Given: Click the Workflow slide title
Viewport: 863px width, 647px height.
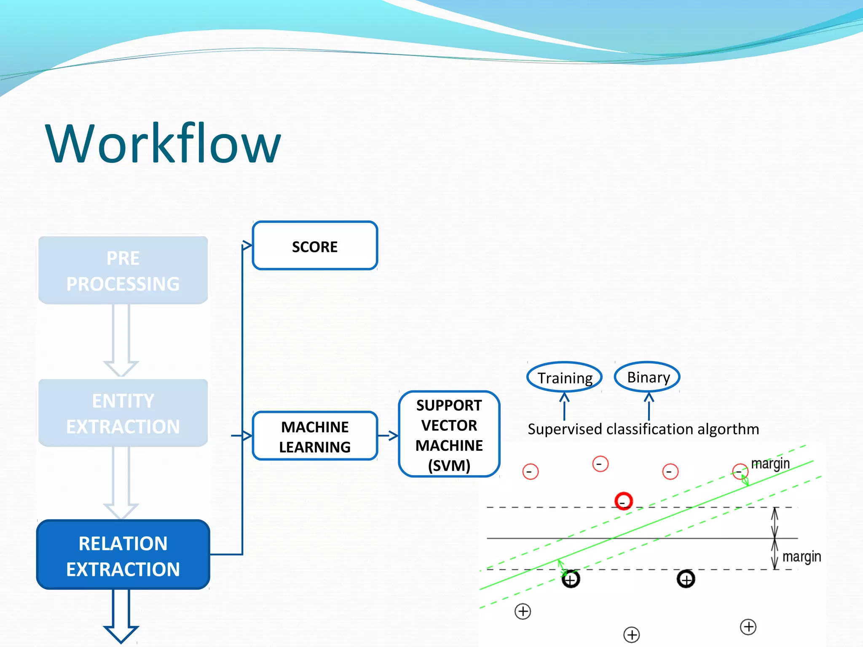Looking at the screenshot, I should tap(163, 143).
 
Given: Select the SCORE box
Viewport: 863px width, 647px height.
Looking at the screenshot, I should tap(315, 246).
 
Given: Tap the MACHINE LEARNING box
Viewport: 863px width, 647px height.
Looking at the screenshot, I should tap(315, 436).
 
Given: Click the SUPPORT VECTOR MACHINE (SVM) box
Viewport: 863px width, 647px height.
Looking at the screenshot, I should tap(449, 434).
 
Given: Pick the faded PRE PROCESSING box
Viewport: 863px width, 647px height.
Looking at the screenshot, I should tap(123, 270).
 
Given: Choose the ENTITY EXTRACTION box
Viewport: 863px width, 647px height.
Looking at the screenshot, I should tap(123, 413).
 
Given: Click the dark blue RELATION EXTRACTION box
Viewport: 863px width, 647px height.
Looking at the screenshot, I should tap(123, 555).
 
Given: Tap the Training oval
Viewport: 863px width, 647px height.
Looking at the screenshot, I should tap(565, 377).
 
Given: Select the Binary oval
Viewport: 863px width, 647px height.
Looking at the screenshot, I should tap(648, 377).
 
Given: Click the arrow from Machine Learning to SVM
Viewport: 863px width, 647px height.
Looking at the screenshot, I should tap(388, 436).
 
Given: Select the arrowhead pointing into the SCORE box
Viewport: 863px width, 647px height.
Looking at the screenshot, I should tap(247, 245).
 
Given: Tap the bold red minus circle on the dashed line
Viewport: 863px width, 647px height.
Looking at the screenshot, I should tap(623, 501).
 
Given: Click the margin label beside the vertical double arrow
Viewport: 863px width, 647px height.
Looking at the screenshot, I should tap(801, 557).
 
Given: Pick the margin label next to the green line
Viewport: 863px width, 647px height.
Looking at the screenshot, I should tap(770, 463).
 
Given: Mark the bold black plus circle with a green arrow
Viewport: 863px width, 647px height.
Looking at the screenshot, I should tap(571, 579).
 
